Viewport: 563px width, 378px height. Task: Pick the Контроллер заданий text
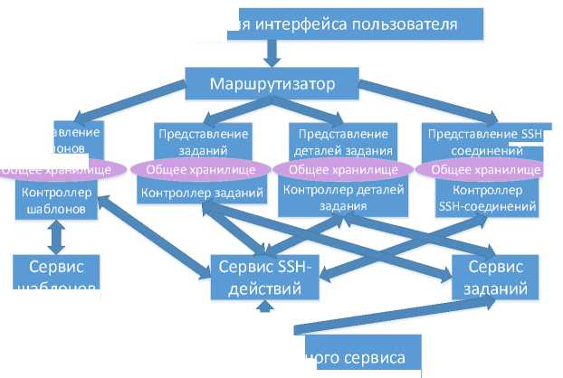204,192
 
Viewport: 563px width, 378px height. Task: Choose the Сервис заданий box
495,278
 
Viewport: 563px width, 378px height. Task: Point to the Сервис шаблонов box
55,277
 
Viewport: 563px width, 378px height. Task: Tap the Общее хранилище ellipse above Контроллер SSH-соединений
480,169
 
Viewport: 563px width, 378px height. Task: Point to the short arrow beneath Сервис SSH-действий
264,307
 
